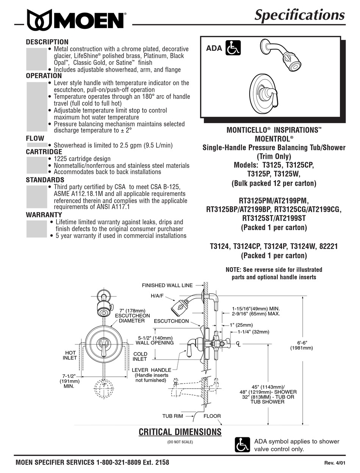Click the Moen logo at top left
point(76,19)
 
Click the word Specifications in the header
point(299,15)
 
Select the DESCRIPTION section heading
point(47,42)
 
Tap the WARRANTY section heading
point(44,215)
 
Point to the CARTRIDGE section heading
point(44,152)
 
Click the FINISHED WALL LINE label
point(167,285)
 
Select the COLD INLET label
point(140,356)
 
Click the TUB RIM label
point(172,416)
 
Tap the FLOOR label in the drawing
point(212,416)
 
